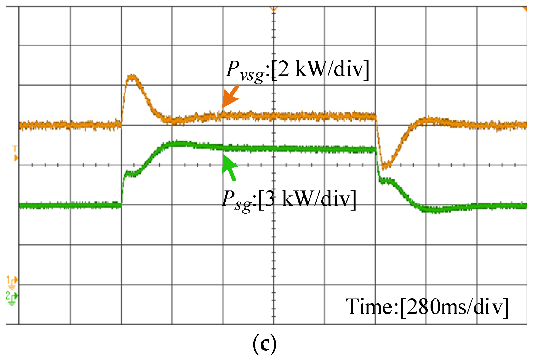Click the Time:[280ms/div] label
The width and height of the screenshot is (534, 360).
427,307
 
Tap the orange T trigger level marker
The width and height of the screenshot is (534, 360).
15,153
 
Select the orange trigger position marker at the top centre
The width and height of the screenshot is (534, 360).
274,9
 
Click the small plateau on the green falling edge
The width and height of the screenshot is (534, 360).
388,181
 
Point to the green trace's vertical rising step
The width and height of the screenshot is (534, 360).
122,190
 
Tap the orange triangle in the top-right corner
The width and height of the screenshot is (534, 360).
524,8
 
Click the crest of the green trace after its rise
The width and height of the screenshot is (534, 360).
177,144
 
